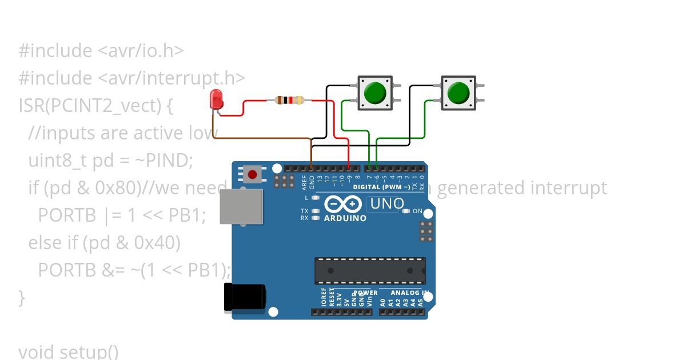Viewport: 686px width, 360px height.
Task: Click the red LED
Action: point(216,100)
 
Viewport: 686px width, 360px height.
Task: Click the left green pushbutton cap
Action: point(375,93)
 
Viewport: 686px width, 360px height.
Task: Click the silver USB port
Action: point(241,206)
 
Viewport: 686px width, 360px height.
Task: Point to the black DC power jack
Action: point(245,297)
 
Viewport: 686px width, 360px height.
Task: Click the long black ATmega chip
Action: point(370,270)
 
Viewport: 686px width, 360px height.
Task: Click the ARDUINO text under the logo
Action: point(345,218)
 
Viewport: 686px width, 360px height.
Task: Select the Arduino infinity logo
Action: point(343,204)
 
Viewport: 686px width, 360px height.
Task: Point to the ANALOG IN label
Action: point(410,293)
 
